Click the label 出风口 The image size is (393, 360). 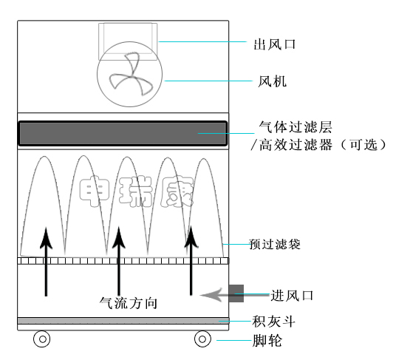275,44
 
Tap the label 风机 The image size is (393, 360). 272,81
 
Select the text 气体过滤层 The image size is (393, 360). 295,127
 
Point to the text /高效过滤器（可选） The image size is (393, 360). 319,145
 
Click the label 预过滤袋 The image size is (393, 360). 275,244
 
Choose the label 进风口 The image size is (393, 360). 293,295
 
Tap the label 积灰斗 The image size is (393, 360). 273,322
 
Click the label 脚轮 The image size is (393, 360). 267,341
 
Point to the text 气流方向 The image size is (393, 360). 129,303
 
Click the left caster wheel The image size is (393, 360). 42,339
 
